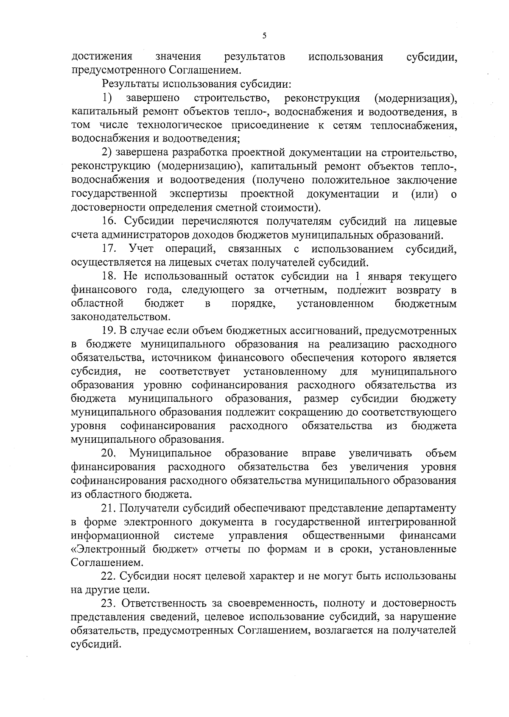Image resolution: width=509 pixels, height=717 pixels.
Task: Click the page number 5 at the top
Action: tap(264, 36)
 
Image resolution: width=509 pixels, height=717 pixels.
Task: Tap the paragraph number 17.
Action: tap(109, 248)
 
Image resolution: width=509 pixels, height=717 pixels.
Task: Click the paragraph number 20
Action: tap(109, 453)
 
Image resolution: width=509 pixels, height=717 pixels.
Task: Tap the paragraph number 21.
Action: tap(109, 508)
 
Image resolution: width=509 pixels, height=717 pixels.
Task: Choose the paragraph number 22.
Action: tap(109, 576)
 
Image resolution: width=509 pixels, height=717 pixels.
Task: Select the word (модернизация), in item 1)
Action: tap(416, 98)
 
